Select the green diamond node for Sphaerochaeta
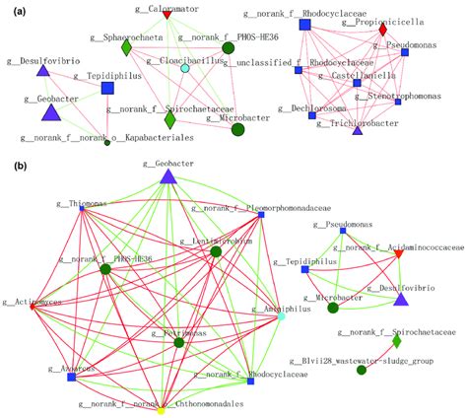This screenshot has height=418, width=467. [x=126, y=47]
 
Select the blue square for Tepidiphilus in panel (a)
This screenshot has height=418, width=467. [x=108, y=89]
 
